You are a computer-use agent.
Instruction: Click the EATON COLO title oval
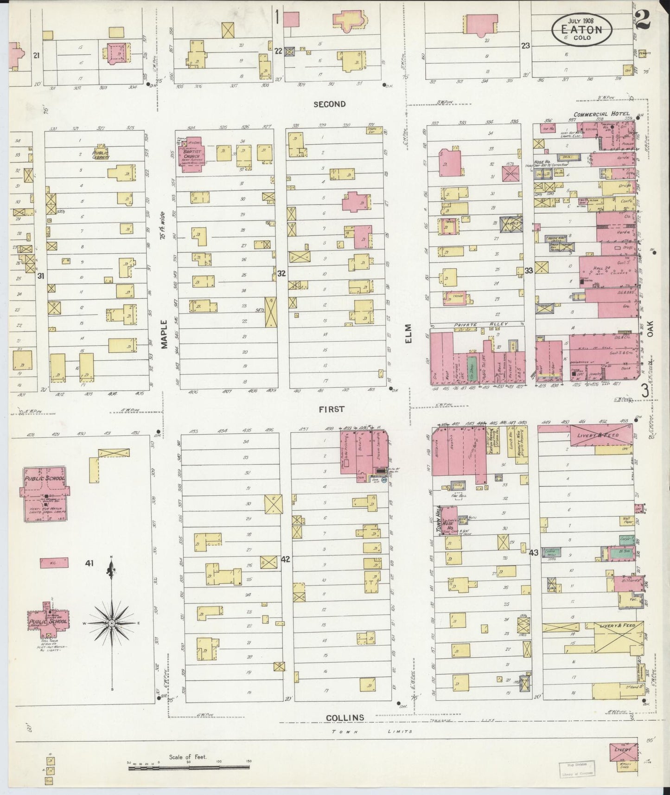582,30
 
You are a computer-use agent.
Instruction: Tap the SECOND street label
329,104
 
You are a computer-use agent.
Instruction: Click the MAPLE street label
164,334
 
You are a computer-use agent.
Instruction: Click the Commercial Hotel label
601,114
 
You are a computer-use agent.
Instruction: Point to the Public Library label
101,154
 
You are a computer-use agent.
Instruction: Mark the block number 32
281,273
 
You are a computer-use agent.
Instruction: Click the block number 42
285,559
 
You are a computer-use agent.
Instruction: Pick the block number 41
89,564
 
